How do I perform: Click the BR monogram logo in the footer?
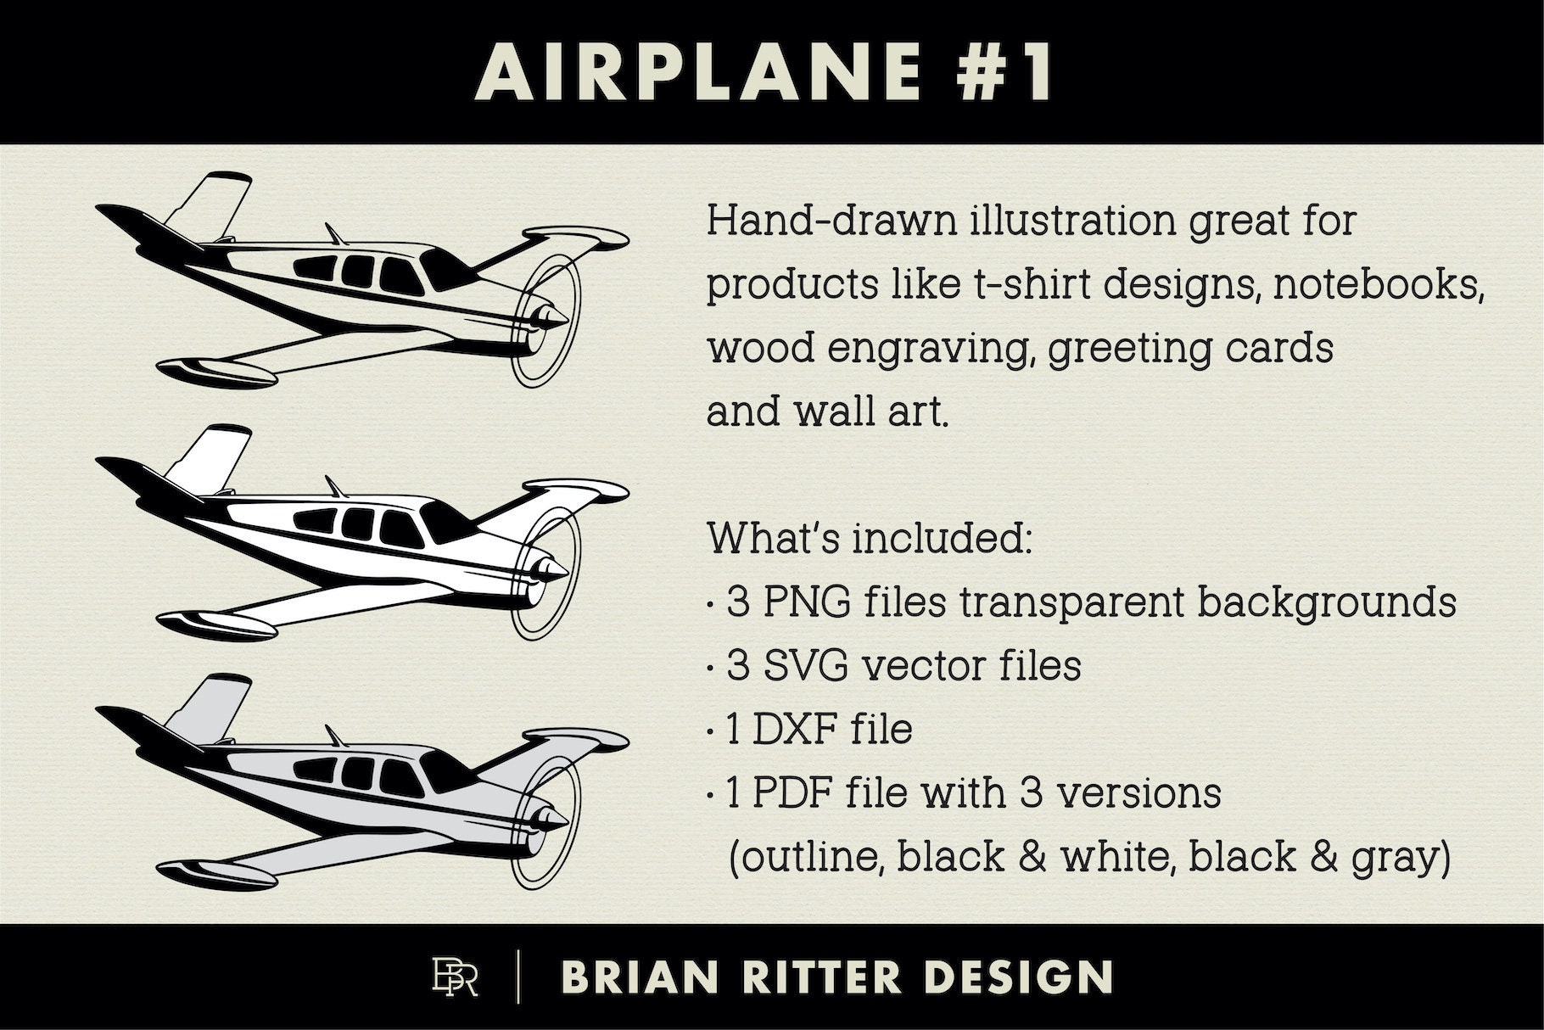click(455, 977)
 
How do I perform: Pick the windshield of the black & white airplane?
click(441, 518)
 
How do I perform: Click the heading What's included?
click(870, 539)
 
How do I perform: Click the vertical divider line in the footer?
click(518, 977)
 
